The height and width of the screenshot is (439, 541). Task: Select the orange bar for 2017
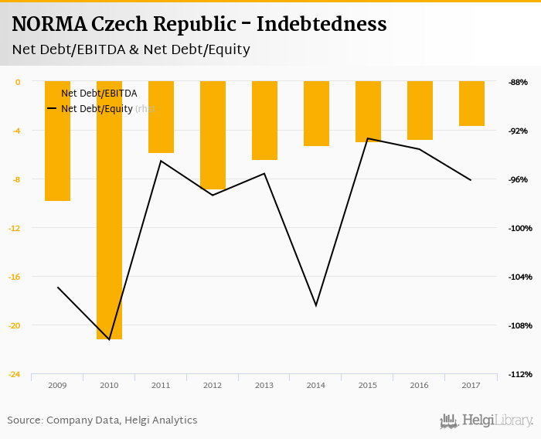coord(471,104)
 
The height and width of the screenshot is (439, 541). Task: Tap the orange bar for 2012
coord(213,135)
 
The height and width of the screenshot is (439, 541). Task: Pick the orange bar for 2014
coord(316,114)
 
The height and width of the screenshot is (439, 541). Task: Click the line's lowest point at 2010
coord(109,339)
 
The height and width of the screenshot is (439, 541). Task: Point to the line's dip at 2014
coord(316,305)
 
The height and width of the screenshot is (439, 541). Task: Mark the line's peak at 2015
coord(368,138)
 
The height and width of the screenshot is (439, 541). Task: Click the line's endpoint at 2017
coord(471,180)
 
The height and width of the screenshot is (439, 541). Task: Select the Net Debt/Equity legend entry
coord(97,109)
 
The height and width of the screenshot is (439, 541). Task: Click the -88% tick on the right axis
coord(518,82)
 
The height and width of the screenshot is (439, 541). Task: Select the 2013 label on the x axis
coord(264,385)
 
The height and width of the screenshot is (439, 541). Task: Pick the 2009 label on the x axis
coord(57,385)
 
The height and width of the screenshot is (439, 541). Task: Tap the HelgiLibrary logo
coord(487,420)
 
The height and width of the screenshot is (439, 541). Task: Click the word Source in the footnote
coord(24,420)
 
